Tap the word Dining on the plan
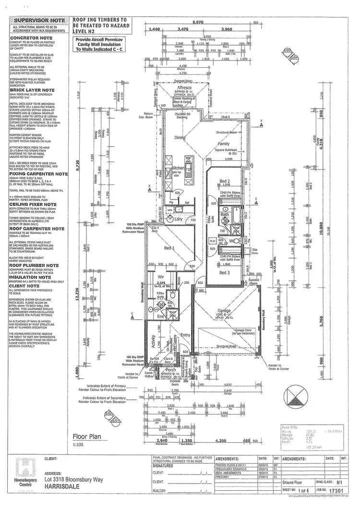pyautogui.click(x=179, y=138)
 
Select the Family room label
pyautogui.click(x=224, y=143)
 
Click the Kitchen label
pyautogui.click(x=178, y=168)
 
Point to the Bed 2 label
pyautogui.click(x=224, y=180)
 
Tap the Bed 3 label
pyautogui.click(x=224, y=272)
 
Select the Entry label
pyautogui.click(x=185, y=335)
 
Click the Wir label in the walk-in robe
pyautogui.click(x=161, y=277)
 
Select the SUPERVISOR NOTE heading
pyautogui.click(x=37, y=21)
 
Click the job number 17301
pyautogui.click(x=339, y=491)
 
